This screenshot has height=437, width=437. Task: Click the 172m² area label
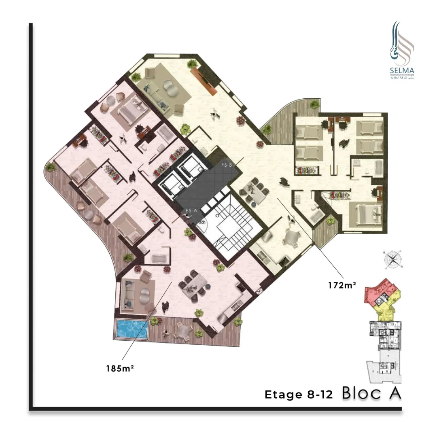click(342, 285)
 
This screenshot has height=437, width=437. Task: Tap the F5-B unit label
click(226, 165)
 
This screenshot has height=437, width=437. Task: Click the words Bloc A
click(372, 393)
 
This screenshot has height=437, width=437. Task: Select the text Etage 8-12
click(299, 395)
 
